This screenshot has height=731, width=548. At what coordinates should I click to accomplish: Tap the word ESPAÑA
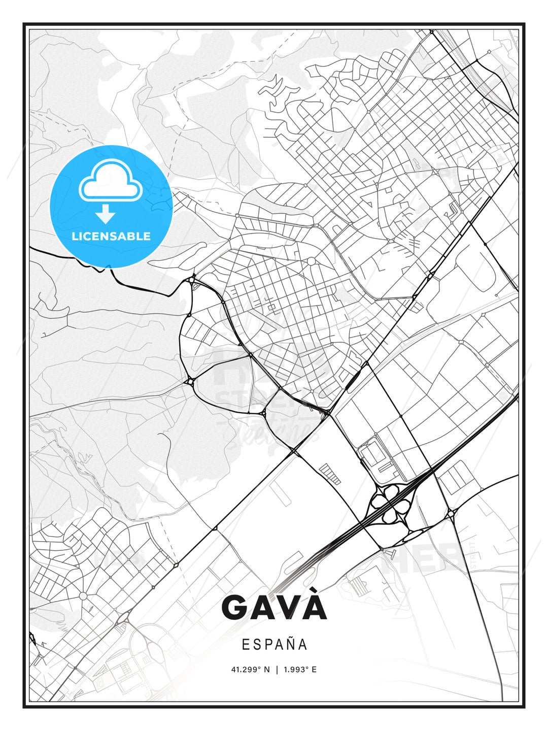275,645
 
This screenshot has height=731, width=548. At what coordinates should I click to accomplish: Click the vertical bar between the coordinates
277,670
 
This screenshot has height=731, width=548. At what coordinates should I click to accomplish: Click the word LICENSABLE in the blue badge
111,236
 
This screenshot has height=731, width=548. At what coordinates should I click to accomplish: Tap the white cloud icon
110,180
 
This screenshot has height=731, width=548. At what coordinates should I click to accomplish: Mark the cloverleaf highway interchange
391,503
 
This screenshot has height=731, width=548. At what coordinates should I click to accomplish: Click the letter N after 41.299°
267,670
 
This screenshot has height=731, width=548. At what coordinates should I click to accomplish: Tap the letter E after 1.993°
314,670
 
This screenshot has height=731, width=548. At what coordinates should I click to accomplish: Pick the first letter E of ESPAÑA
246,645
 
